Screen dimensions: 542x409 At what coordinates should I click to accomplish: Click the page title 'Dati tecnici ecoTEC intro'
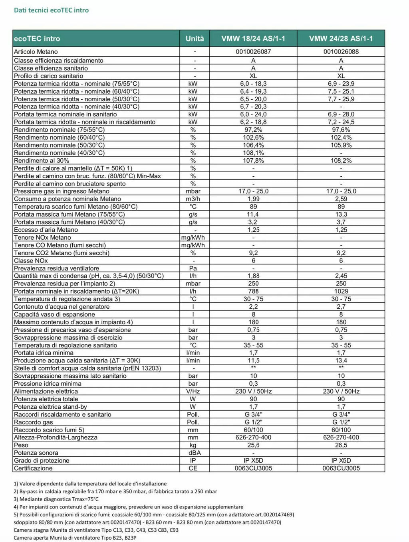pyautogui.click(x=51, y=10)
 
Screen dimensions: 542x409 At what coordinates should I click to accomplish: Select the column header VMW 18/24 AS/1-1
pyautogui.click(x=253, y=39)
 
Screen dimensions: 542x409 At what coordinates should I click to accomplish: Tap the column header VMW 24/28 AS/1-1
pyautogui.click(x=341, y=39)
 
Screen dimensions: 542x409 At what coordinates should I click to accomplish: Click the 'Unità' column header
pyautogui.click(x=195, y=39)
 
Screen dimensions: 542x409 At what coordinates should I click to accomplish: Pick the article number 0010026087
pyautogui.click(x=253, y=52)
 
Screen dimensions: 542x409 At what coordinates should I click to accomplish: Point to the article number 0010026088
pyautogui.click(x=341, y=52)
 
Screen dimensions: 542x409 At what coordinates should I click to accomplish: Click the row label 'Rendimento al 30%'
pyautogui.click(x=42, y=161)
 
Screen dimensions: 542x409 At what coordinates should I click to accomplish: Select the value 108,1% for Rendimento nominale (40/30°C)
pyautogui.click(x=253, y=153)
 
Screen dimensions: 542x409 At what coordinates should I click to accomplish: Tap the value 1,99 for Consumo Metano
pyautogui.click(x=253, y=199)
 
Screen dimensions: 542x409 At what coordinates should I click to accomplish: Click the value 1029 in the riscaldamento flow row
pyautogui.click(x=341, y=292)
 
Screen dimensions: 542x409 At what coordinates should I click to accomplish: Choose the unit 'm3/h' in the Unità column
pyautogui.click(x=193, y=199)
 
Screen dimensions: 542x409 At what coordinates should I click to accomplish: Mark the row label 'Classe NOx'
pyautogui.click(x=31, y=261)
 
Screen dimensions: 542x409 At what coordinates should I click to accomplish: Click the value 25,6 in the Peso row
pyautogui.click(x=253, y=445)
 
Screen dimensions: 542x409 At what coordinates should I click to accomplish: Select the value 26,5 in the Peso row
pyautogui.click(x=341, y=445)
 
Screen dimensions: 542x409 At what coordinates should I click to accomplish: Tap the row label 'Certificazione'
pyautogui.click(x=33, y=468)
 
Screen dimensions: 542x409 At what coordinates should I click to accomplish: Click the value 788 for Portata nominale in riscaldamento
pyautogui.click(x=253, y=292)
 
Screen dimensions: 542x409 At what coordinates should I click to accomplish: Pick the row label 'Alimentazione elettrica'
pyautogui.click(x=46, y=392)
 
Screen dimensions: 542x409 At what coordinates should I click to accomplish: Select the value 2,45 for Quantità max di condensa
pyautogui.click(x=341, y=276)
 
